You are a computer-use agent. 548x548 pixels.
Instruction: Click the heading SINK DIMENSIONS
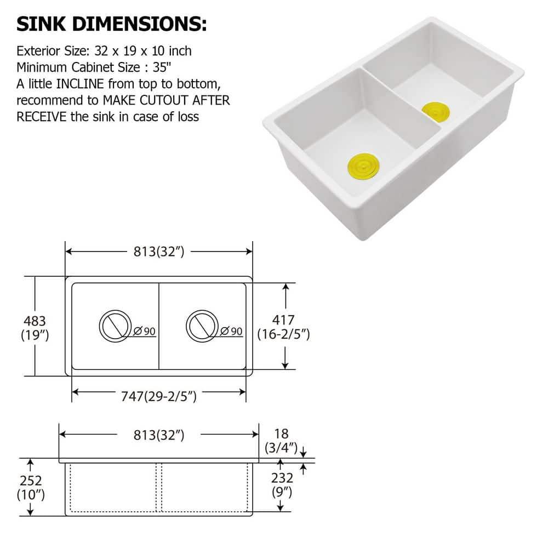pos(112,25)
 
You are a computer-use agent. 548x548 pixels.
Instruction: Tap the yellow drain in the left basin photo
pos(363,166)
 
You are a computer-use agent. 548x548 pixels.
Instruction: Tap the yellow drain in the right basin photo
pos(436,111)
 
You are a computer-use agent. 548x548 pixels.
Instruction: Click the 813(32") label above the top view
pos(159,252)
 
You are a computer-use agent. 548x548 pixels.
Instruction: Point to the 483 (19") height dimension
pos(34,327)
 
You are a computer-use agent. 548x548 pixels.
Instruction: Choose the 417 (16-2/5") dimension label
pos(284,327)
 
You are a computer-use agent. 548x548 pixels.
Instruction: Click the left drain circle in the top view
pos(114,326)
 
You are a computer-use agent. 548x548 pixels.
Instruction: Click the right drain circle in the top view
pos(201,326)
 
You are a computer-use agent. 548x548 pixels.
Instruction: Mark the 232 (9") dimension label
pos(282,484)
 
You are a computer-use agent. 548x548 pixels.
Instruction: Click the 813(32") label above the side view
pos(159,435)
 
